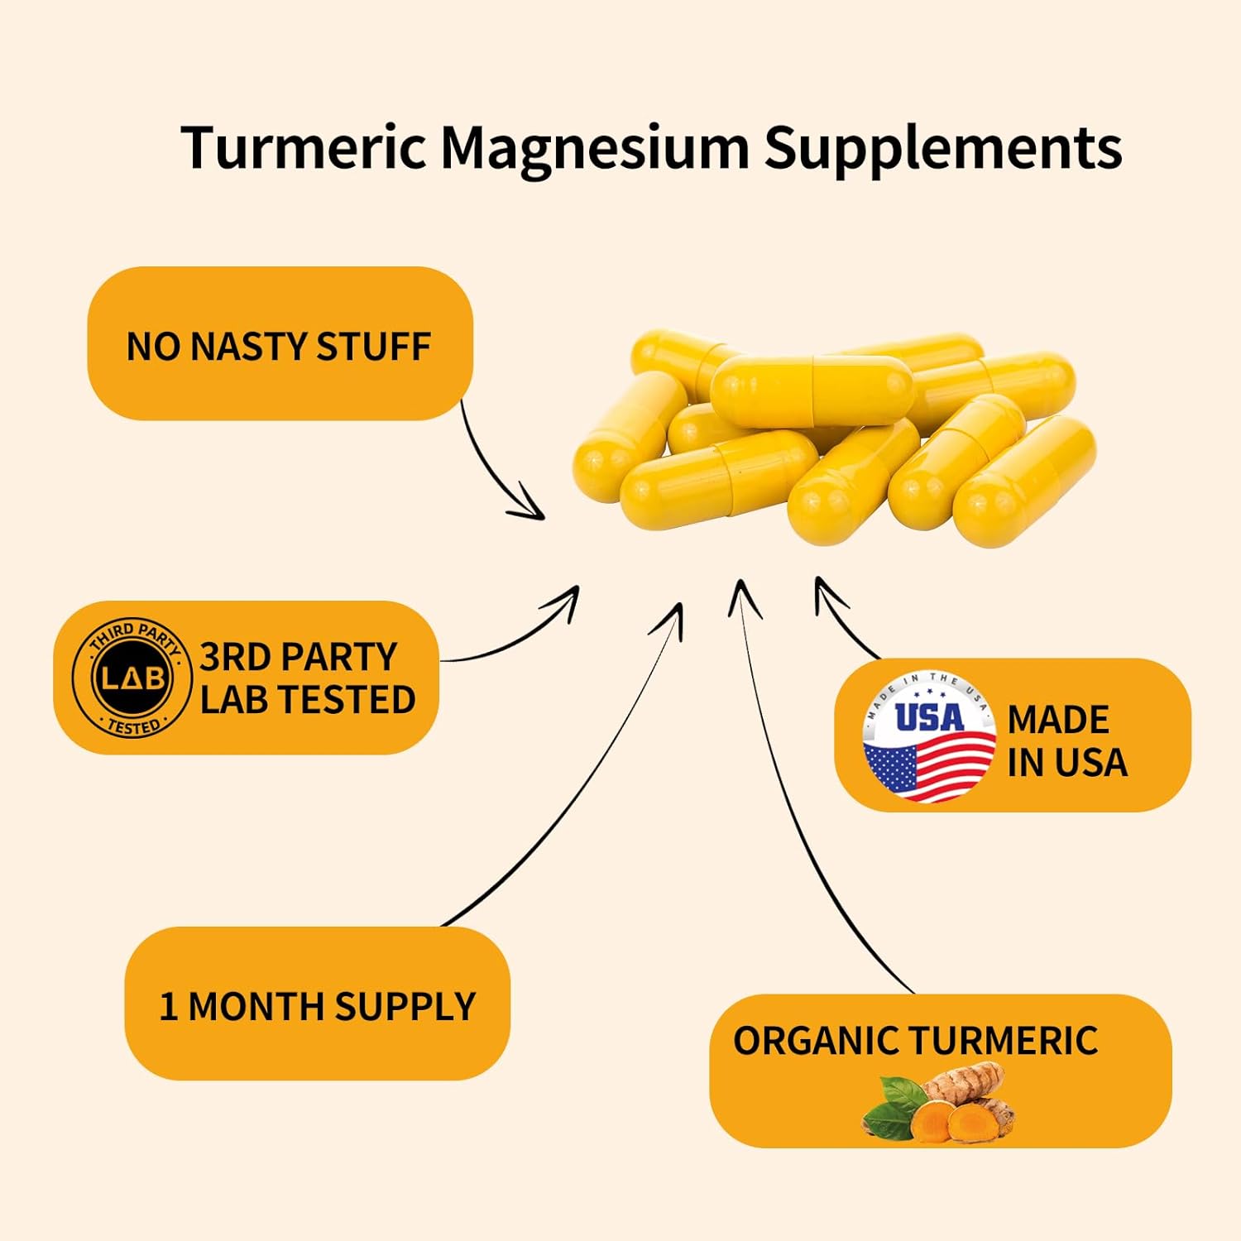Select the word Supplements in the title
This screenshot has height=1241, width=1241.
click(x=942, y=149)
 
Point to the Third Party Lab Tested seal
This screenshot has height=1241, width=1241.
click(x=132, y=678)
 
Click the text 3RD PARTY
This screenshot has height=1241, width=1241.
click(x=299, y=657)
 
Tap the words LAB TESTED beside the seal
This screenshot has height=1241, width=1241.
click(x=308, y=700)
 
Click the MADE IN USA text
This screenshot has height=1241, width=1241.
click(x=1066, y=741)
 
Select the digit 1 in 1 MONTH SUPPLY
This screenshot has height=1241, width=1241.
click(x=168, y=1007)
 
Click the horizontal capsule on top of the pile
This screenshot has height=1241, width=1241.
click(x=812, y=390)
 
